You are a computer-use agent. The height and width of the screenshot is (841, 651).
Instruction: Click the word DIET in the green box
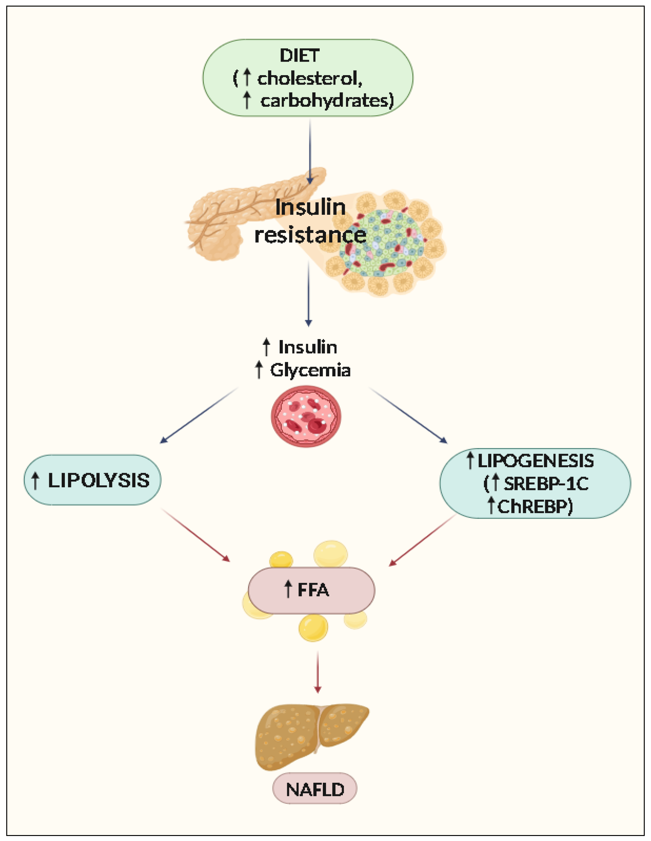point(299,56)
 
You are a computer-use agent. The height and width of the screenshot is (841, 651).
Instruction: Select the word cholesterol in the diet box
point(309,79)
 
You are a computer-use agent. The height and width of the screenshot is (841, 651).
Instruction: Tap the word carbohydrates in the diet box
point(327,101)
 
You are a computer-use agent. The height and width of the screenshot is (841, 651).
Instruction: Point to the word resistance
point(310,235)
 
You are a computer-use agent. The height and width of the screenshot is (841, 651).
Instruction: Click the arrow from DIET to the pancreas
point(310,150)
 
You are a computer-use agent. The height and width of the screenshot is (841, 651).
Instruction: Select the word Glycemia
point(310,370)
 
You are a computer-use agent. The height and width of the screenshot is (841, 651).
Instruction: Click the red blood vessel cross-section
point(306,417)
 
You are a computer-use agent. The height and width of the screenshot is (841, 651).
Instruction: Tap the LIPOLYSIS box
point(92,480)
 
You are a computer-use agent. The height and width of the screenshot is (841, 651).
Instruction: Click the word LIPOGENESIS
point(535,461)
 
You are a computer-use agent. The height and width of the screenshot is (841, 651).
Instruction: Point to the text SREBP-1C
point(546,484)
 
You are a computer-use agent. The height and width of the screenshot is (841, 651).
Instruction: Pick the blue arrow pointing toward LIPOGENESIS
point(408,415)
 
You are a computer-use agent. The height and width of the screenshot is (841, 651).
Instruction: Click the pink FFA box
point(311,590)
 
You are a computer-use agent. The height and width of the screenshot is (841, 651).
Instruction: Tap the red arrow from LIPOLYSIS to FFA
point(195,535)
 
